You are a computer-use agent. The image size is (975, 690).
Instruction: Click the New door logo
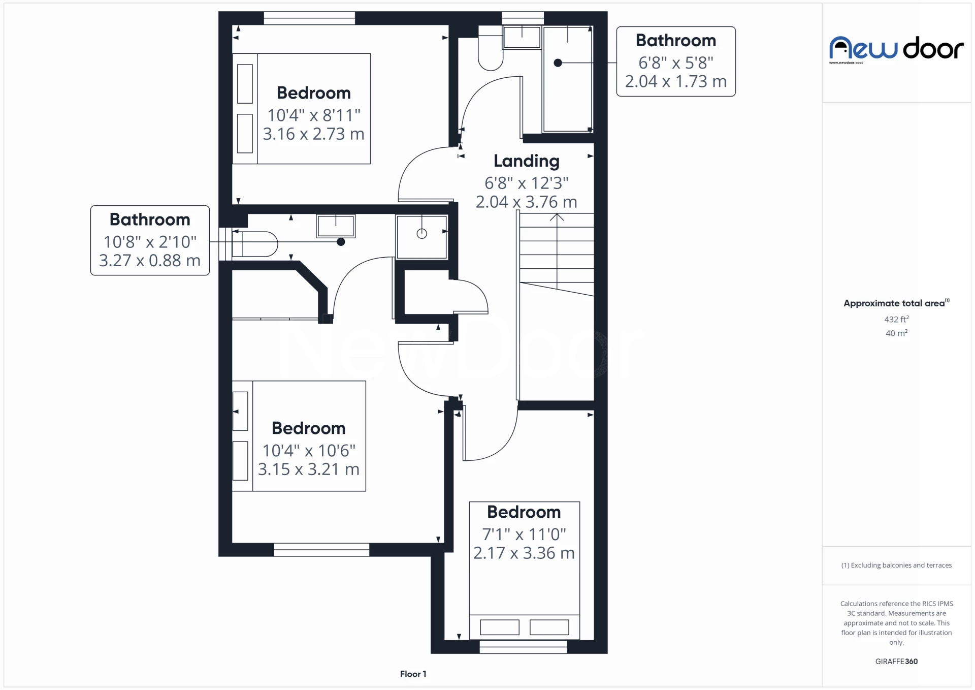tap(896, 49)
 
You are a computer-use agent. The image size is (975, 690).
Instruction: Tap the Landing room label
tap(526, 161)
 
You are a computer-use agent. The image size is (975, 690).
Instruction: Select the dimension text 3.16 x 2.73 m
tap(313, 134)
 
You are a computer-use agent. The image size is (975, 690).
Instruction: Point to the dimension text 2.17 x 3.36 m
tap(524, 553)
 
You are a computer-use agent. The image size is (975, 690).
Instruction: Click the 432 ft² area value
tap(896, 319)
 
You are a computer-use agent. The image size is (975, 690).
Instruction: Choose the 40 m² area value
tap(896, 333)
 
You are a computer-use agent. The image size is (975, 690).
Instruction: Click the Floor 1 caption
tap(413, 674)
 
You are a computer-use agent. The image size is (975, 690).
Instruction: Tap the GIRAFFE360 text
tap(896, 661)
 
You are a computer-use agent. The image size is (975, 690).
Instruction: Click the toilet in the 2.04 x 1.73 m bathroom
tap(490, 51)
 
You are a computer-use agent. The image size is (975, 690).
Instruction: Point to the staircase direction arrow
tap(557, 217)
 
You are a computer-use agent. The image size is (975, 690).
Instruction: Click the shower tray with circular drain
tap(421, 236)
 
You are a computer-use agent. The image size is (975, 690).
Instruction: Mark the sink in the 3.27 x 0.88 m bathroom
tap(336, 226)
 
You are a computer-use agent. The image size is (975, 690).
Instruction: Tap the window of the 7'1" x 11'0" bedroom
tap(523, 647)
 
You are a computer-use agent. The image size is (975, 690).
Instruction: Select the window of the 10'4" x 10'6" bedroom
tap(321, 549)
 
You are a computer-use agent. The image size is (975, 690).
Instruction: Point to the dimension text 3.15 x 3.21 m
tap(308, 469)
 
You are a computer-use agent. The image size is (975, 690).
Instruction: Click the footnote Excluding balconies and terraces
tap(896, 565)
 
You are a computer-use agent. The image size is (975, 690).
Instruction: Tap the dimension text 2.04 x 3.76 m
tap(526, 202)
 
